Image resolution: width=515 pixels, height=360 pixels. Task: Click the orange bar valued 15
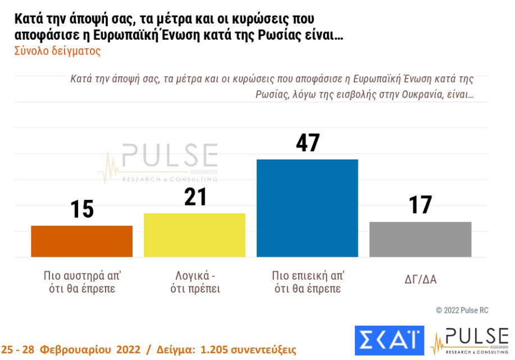pos(81,241)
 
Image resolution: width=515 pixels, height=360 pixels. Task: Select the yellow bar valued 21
pos(194,235)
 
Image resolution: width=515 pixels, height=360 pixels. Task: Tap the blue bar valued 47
pos(307,208)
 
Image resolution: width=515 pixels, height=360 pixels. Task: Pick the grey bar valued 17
pos(420,239)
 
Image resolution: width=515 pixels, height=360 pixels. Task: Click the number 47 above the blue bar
pos(307,143)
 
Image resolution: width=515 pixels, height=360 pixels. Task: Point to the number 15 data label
pos(81,209)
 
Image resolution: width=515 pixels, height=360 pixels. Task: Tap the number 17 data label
pos(420,205)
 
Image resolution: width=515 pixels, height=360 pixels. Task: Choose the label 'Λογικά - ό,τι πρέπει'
pos(194,282)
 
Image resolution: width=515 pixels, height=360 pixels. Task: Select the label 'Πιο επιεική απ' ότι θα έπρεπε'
pos(307,282)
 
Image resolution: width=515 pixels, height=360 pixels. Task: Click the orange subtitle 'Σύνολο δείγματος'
pos(57,51)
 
